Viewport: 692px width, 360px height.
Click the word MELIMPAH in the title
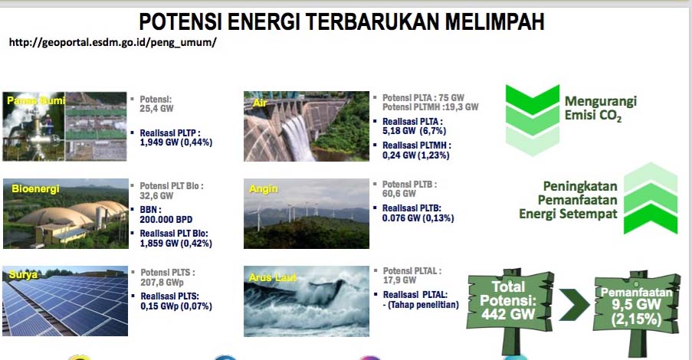coord(495,21)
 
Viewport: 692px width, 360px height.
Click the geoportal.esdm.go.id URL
coord(113,42)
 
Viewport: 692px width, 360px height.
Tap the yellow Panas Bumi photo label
coord(36,100)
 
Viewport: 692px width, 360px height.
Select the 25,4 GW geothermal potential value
coord(156,109)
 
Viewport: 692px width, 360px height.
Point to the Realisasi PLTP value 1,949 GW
coord(176,142)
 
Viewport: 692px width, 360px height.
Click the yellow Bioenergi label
coord(35,189)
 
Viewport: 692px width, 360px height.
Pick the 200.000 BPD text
coord(166,219)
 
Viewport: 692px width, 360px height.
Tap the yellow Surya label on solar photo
coord(24,275)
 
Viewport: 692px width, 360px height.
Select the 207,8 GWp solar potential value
coord(162,283)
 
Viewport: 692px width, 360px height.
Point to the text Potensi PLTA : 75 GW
coord(423,98)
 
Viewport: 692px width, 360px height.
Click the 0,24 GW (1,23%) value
coord(415,155)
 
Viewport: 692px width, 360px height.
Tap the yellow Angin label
coord(264,189)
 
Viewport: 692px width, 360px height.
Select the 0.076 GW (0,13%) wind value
coord(418,218)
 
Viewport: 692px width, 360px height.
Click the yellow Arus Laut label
coord(273,277)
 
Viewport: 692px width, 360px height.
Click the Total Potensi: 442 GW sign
coord(509,300)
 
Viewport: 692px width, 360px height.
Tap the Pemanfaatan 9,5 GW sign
coord(636,304)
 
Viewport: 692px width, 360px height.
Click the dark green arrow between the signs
coord(574,304)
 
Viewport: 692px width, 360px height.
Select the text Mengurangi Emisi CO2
coord(601,109)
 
